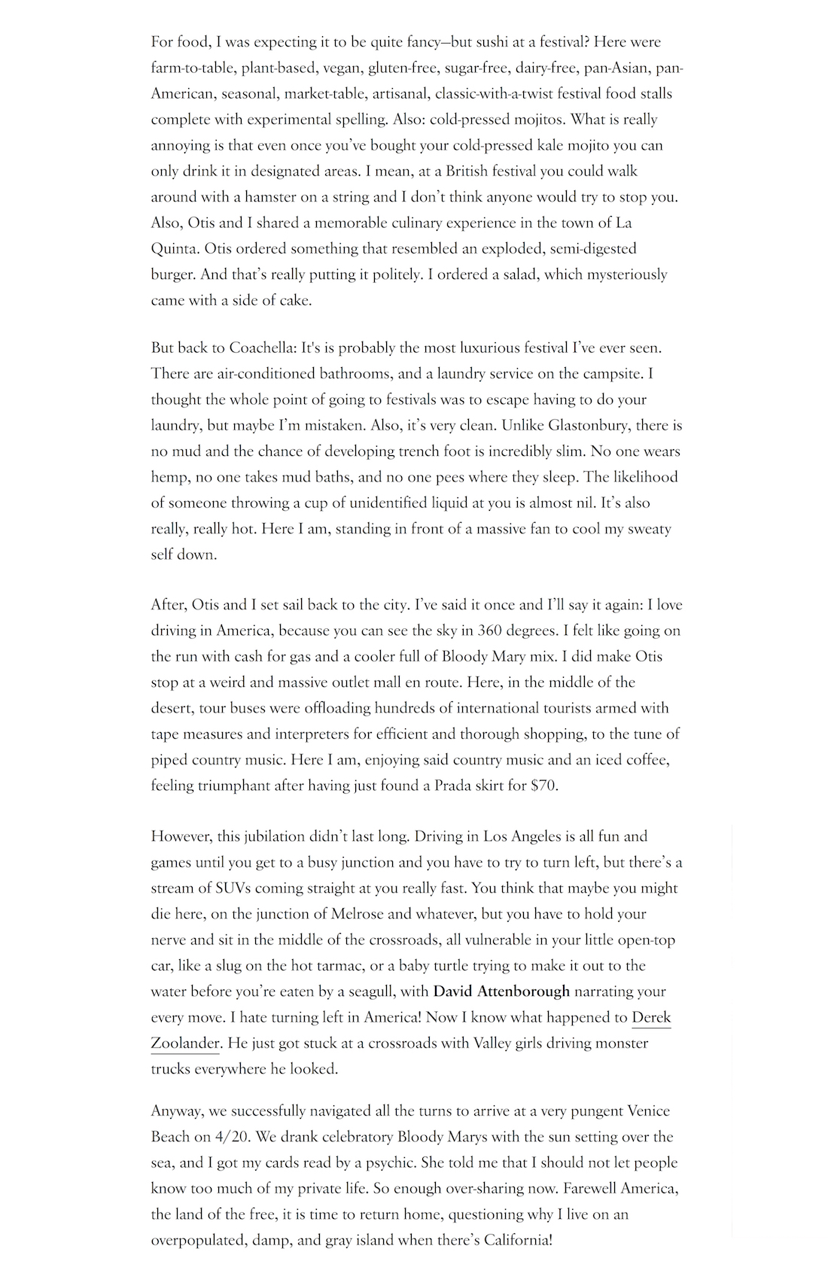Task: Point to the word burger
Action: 173,275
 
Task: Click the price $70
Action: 543,785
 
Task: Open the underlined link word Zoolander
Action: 185,1044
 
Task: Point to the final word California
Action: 515,1240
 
